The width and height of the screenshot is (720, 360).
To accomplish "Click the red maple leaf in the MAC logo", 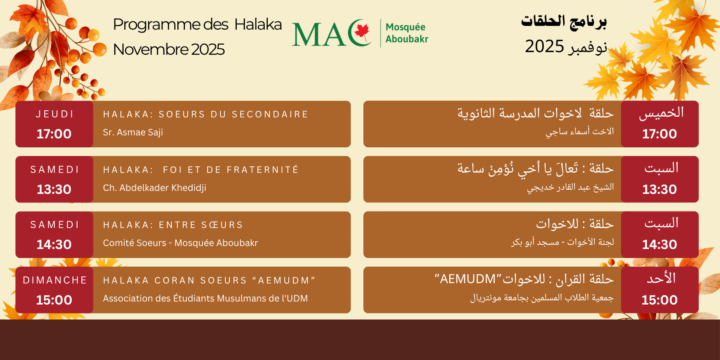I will click(362, 31).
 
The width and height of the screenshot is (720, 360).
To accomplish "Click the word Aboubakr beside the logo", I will click(406, 39).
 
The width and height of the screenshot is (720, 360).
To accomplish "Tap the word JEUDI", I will click(55, 114).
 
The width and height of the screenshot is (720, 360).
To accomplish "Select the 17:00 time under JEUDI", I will click(54, 134).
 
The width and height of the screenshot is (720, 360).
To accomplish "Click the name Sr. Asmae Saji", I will click(133, 132).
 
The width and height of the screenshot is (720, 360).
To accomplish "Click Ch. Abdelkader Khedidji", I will click(154, 187).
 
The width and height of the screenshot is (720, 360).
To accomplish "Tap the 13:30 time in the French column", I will click(54, 189).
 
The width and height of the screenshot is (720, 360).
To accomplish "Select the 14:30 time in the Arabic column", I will click(659, 244).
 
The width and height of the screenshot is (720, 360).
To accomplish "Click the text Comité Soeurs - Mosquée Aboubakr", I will click(180, 243).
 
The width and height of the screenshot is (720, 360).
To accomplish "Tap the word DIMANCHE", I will click(55, 280).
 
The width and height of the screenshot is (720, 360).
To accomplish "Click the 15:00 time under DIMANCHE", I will click(54, 300).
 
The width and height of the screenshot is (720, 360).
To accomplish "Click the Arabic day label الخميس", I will click(661, 113).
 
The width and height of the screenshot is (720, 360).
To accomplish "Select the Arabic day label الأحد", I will click(661, 279).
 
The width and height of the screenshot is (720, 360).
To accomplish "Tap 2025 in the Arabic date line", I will click(544, 46).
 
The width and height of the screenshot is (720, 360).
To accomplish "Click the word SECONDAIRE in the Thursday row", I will click(270, 114).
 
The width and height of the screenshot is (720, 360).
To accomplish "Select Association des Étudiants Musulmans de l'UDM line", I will click(205, 298).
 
